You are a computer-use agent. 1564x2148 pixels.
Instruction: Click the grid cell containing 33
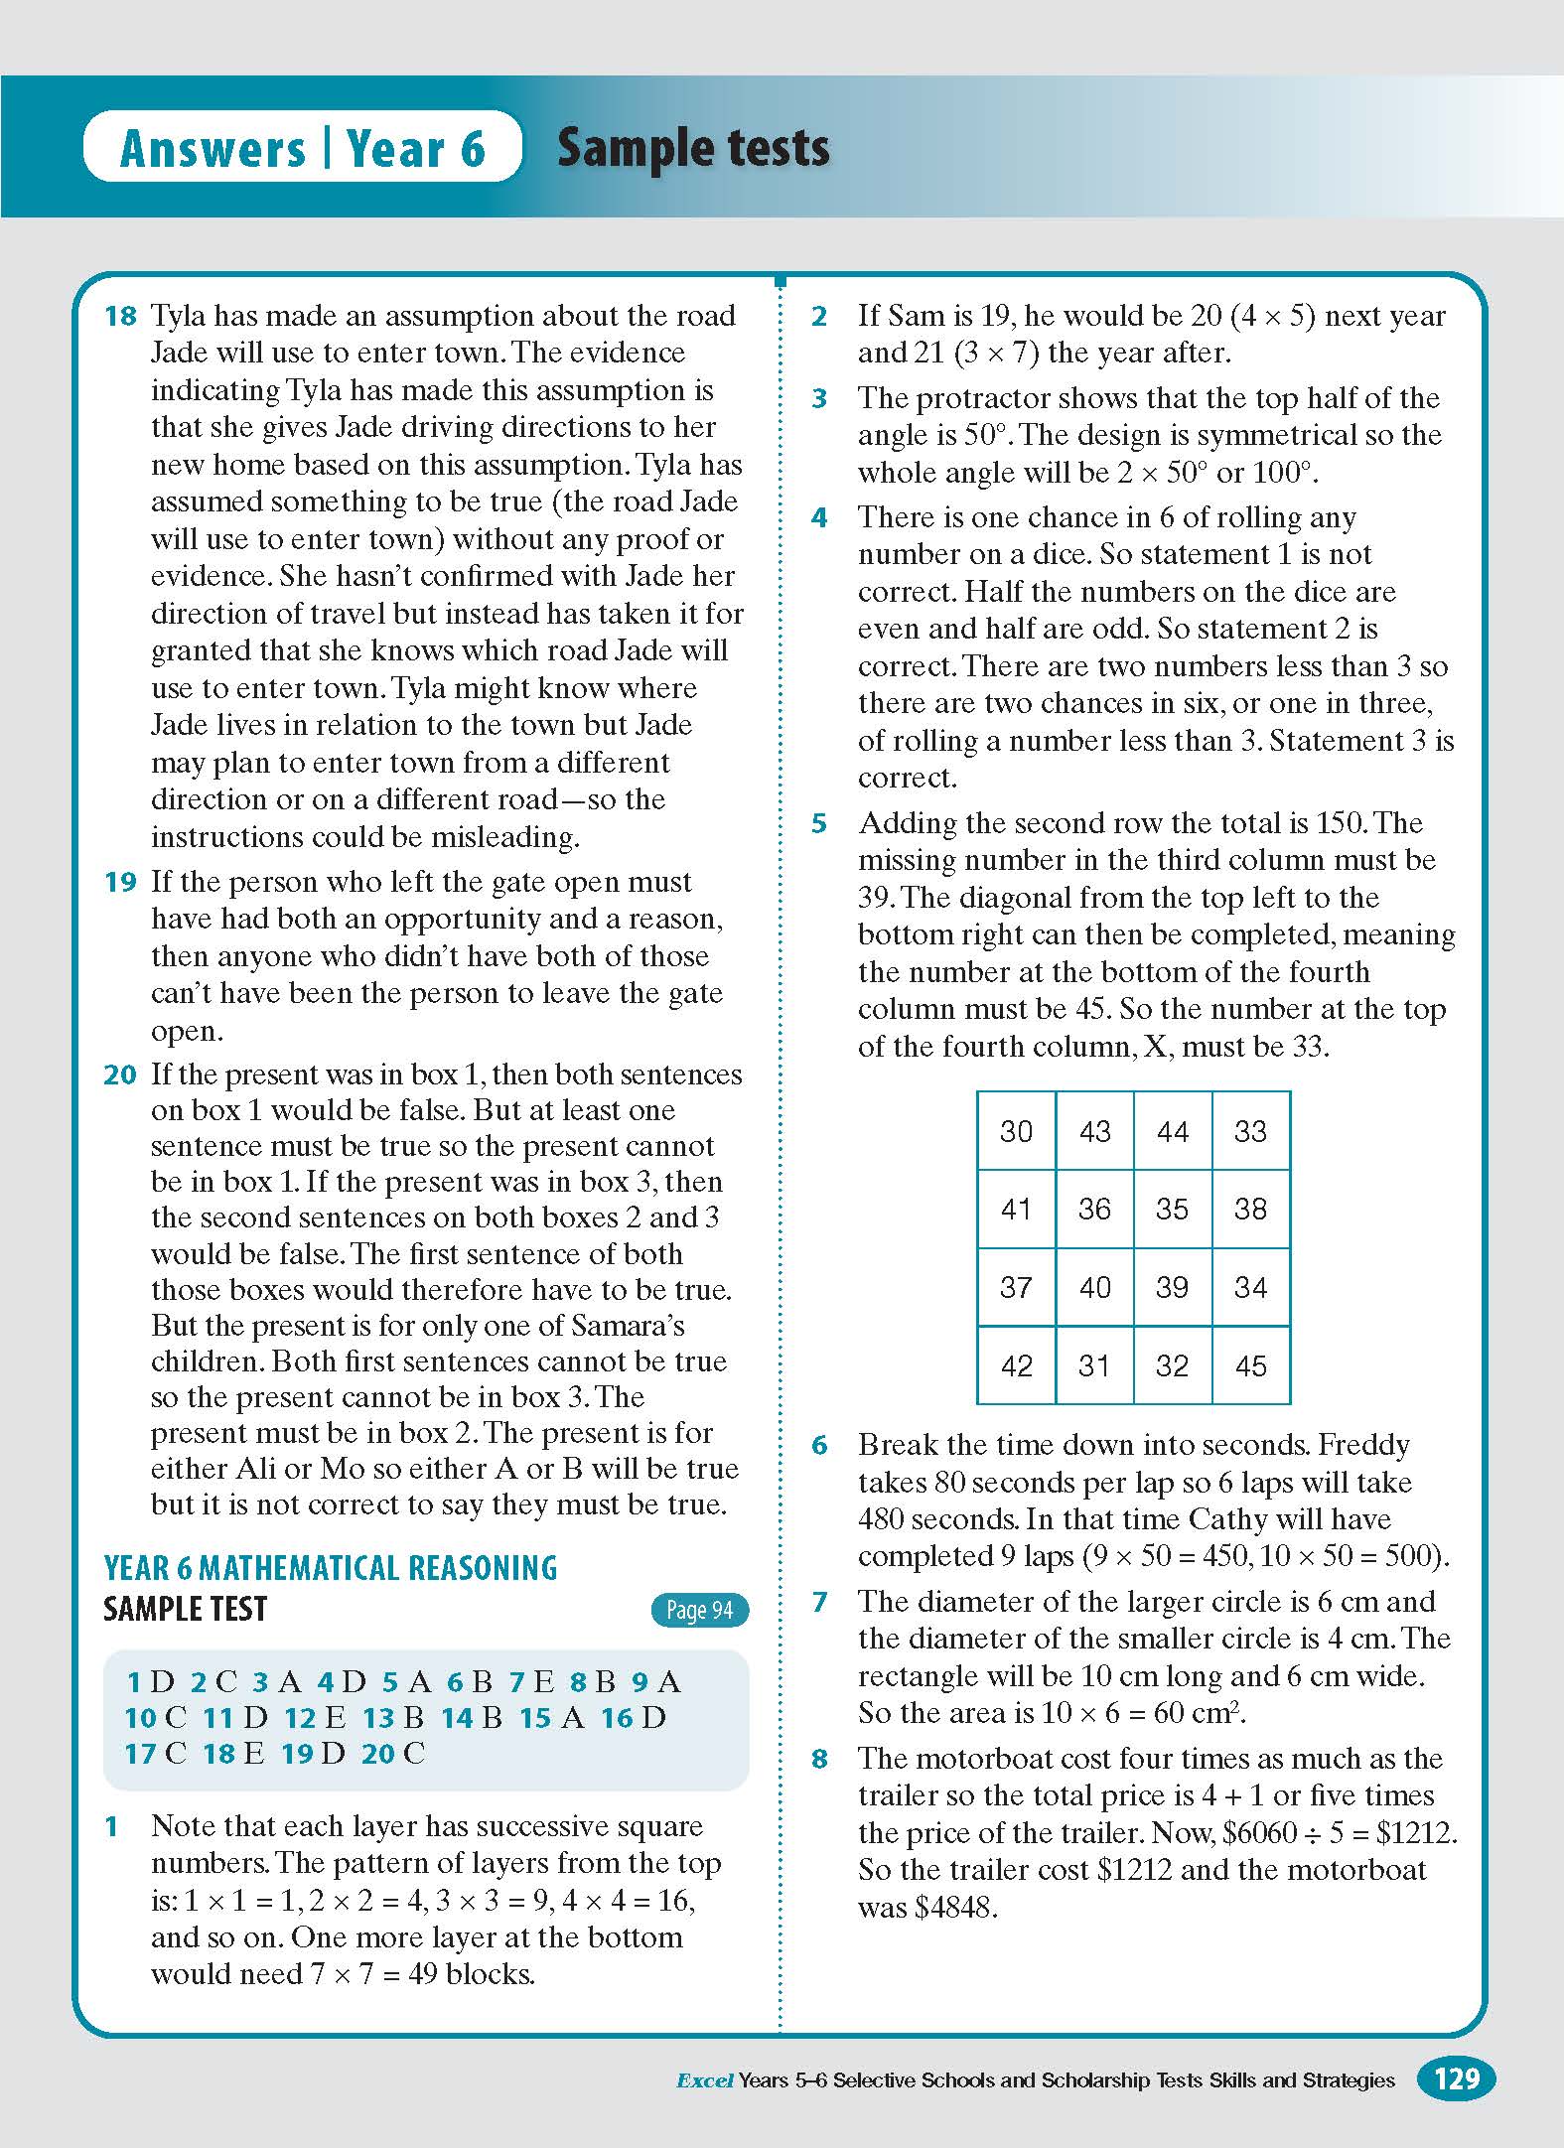click(1250, 1131)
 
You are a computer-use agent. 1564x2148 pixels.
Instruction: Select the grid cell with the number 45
click(1250, 1365)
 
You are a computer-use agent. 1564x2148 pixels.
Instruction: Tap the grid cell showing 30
click(1016, 1131)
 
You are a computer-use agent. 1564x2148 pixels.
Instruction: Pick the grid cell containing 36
click(1094, 1209)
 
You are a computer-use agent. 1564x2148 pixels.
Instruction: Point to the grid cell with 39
click(1172, 1287)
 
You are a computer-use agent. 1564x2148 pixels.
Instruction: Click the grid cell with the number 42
click(1016, 1365)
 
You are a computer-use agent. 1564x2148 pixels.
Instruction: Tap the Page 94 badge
click(699, 1610)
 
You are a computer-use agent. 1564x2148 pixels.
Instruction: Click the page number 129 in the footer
click(1457, 2078)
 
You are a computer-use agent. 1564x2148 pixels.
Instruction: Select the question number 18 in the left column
click(120, 316)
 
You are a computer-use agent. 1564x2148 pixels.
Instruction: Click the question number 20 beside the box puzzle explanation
click(120, 1074)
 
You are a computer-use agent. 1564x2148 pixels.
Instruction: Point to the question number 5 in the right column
click(819, 823)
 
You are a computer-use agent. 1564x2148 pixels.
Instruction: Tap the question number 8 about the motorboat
click(819, 1759)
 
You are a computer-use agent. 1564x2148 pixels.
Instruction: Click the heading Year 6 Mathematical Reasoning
click(330, 1568)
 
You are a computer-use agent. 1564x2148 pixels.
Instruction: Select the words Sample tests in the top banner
click(693, 148)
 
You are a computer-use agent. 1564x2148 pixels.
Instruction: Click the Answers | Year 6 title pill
click(303, 148)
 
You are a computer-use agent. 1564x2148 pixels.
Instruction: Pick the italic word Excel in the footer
click(704, 2079)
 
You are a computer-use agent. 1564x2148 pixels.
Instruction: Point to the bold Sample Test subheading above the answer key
click(186, 1609)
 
